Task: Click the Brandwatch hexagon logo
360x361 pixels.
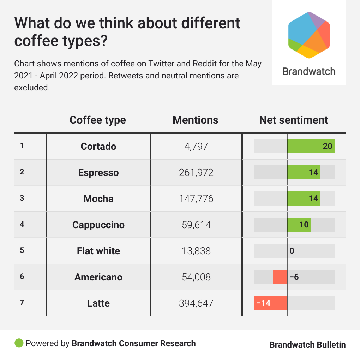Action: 309,35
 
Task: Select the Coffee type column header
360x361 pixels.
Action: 98,120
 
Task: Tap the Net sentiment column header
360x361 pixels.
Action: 294,120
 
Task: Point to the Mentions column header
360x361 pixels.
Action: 196,120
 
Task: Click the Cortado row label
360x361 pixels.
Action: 98,147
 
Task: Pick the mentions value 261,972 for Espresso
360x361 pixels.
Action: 196,173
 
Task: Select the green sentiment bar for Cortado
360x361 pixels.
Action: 311,146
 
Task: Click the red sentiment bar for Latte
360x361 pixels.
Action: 271,303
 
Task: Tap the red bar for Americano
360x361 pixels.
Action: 280,277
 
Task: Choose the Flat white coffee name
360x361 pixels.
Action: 98,251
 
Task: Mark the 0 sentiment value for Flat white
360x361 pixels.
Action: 292,251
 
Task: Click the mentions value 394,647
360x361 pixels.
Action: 196,303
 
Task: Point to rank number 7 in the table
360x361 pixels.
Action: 22,302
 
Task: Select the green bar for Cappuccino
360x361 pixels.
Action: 299,224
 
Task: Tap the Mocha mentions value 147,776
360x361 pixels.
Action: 196,199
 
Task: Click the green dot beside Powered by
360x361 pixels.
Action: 19,343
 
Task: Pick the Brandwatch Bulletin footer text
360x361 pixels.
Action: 307,345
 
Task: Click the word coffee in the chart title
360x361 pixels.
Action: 36,41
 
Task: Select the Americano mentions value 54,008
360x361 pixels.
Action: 196,277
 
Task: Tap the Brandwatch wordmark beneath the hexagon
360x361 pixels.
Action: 309,71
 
